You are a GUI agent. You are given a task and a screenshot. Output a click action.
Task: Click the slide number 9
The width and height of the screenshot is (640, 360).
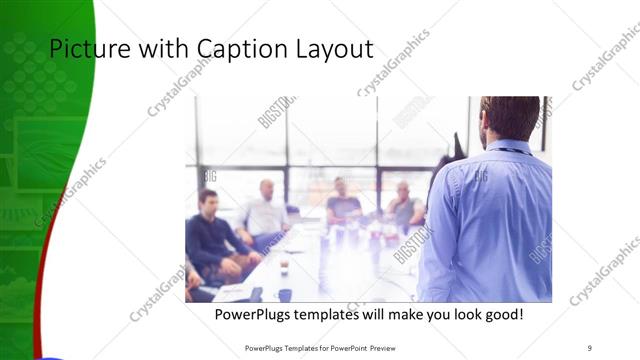click(589, 347)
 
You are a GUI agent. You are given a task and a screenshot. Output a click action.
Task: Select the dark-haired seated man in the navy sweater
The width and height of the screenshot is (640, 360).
click(210, 235)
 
